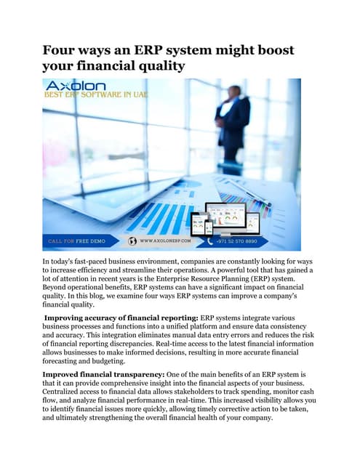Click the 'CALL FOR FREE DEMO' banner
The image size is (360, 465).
point(77,240)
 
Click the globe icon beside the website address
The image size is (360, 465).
point(132,240)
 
